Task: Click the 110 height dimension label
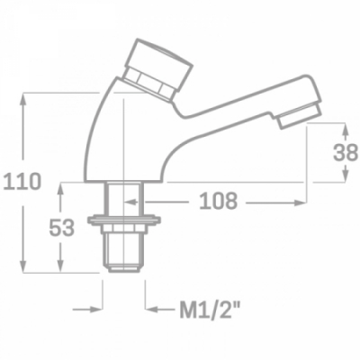(22, 182)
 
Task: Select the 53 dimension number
(62, 228)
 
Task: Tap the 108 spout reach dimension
(219, 201)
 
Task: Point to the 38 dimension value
(346, 152)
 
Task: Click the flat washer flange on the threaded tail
(124, 220)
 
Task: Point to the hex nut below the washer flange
(124, 229)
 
